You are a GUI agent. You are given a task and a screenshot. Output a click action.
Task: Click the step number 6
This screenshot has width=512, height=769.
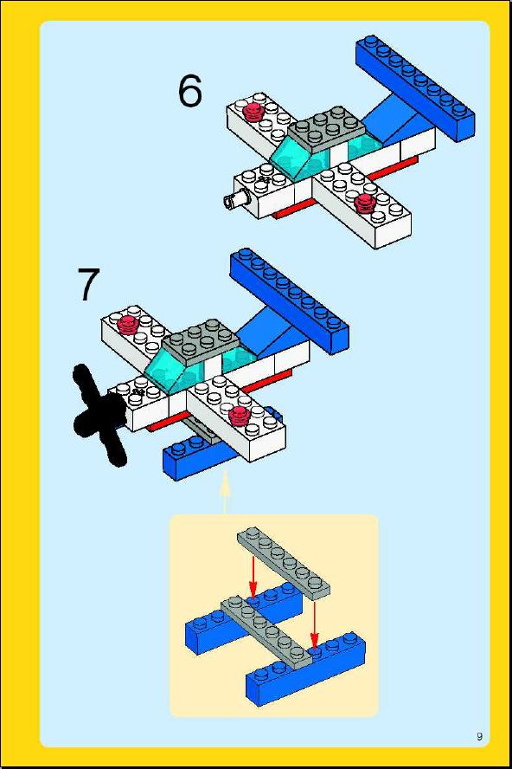(x=189, y=91)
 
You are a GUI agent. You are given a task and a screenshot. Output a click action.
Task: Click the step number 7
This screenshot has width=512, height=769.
(x=88, y=285)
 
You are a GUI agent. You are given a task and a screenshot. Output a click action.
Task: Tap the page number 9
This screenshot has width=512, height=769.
(x=479, y=736)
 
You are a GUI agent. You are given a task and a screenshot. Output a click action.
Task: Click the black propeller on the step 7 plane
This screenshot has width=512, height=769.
(x=100, y=415)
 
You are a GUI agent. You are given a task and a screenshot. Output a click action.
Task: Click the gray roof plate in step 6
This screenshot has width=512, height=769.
(x=327, y=129)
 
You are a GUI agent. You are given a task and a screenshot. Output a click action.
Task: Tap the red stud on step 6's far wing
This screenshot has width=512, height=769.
(x=253, y=112)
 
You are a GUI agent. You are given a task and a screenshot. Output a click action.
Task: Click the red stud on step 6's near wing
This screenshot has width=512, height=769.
(x=364, y=202)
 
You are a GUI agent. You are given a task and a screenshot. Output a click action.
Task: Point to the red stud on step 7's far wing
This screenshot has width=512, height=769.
(x=128, y=324)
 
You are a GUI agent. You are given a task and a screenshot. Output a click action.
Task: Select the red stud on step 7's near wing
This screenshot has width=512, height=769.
(x=239, y=415)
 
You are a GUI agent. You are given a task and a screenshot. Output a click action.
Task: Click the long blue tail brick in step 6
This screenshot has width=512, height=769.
(x=415, y=87)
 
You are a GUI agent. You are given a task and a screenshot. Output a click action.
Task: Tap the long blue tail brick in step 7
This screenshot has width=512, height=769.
(x=290, y=300)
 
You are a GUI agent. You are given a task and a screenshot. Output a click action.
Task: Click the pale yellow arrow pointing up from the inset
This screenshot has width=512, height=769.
(x=225, y=493)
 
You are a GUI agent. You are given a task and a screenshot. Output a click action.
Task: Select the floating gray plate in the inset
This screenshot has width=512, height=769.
(x=284, y=563)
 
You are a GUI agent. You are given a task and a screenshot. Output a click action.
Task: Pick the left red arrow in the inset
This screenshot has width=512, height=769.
(x=253, y=577)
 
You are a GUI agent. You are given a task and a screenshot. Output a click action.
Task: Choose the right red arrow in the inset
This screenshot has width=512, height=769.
(x=314, y=625)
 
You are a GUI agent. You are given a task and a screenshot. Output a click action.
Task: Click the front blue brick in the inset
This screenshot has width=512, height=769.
(x=306, y=669)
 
